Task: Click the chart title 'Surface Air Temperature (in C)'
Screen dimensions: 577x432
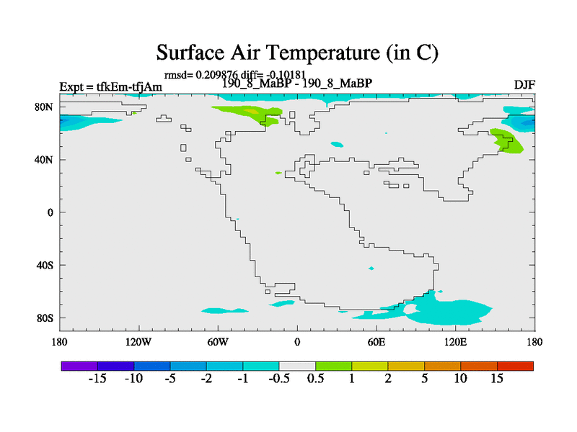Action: coord(297,53)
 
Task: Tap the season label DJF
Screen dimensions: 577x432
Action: coord(524,85)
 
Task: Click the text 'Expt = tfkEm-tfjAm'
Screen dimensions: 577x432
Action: coord(111,86)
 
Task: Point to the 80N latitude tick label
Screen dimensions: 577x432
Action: coord(44,107)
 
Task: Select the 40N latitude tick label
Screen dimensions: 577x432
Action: coord(44,160)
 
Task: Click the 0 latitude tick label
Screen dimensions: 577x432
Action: coord(50,212)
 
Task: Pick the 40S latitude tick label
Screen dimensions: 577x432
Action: coord(45,265)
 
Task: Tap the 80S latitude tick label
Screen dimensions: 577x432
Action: coord(45,318)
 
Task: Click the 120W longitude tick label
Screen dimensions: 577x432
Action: coord(138,342)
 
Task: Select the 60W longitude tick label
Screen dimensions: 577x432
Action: coord(218,342)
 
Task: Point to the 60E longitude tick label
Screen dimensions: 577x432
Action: coord(376,342)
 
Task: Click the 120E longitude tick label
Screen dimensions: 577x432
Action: coord(455,342)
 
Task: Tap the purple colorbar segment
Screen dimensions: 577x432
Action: coord(79,366)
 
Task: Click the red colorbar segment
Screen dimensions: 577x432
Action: coord(515,366)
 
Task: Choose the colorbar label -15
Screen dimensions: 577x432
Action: coord(97,379)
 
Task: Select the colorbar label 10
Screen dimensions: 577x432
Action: coord(460,379)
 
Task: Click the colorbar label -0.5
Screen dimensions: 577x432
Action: coord(279,379)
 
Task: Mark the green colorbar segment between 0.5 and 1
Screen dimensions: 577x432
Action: coord(333,366)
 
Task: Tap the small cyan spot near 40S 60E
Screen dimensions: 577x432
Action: coord(371,268)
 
